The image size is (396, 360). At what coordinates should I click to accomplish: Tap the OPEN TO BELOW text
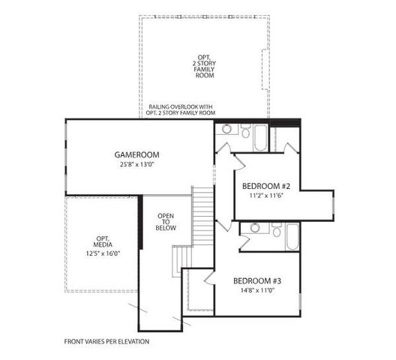pyautogui.click(x=166, y=222)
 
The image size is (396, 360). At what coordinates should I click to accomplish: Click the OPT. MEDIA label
pyautogui.click(x=103, y=241)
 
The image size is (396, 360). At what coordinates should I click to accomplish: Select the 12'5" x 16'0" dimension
pyautogui.click(x=103, y=253)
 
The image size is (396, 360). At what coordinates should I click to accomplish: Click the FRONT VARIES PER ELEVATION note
pyautogui.click(x=106, y=341)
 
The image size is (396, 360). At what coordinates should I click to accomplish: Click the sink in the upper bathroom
pyautogui.click(x=226, y=129)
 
